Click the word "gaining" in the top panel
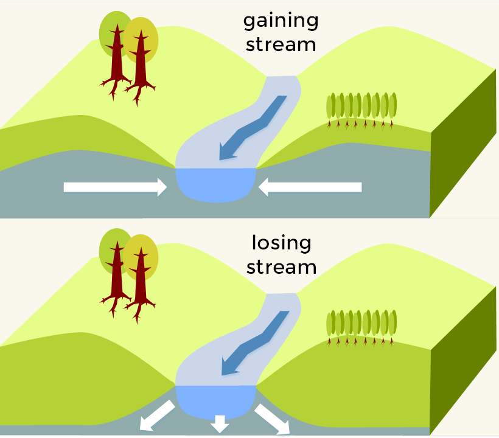click(281, 21)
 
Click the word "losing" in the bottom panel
click(281, 244)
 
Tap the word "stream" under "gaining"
click(281, 44)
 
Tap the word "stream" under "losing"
click(281, 267)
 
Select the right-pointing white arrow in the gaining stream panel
click(115, 187)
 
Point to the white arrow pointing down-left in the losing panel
click(156, 417)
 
